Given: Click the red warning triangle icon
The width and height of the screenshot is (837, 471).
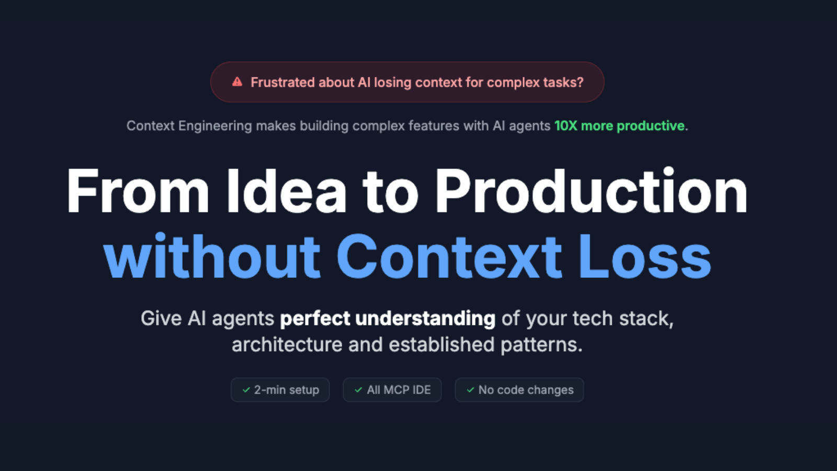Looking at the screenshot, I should (237, 82).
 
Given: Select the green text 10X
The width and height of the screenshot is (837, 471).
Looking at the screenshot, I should (565, 126).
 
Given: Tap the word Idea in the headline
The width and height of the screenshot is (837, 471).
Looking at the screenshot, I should (286, 192).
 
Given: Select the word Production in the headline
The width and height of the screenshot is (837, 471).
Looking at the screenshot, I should (591, 192).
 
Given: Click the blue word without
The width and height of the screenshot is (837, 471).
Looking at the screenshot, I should (212, 257).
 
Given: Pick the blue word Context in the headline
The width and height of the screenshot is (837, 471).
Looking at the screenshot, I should (449, 257).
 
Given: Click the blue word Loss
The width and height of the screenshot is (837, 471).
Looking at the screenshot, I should (645, 257).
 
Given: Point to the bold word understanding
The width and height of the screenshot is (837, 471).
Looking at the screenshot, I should (425, 318).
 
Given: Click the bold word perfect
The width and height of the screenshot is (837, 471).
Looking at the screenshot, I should (315, 318).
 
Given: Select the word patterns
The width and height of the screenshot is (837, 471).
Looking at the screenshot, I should (541, 345).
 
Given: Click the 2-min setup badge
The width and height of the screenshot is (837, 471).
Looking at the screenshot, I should (280, 390).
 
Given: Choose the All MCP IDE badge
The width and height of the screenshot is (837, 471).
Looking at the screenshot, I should (392, 390).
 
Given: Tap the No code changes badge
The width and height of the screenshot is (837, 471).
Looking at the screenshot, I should (519, 390).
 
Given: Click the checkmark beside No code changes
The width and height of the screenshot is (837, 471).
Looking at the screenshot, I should (470, 390).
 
